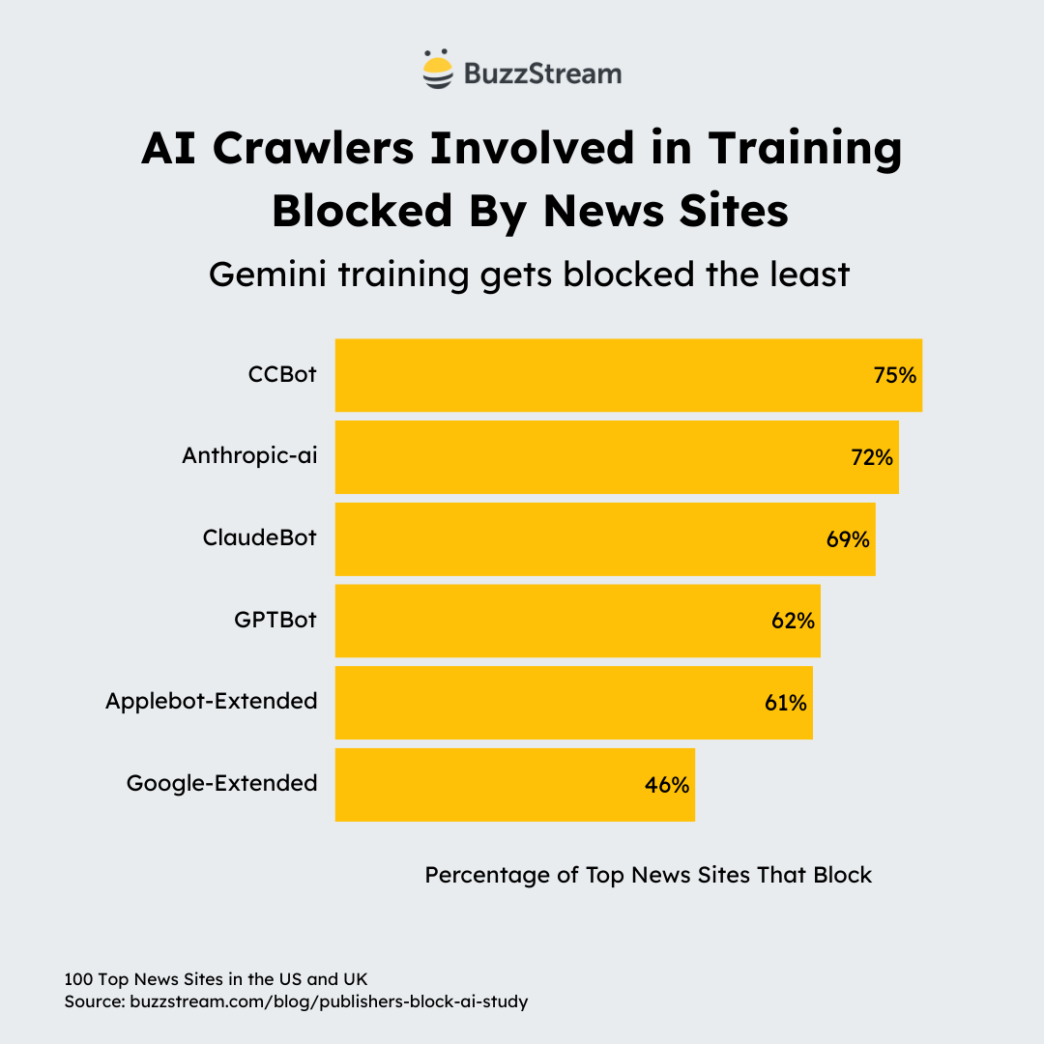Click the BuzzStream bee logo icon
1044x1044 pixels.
click(438, 70)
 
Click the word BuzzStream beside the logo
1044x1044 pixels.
click(542, 72)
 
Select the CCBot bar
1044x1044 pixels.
click(599, 375)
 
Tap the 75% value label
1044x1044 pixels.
click(894, 375)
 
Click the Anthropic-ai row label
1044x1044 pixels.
click(249, 456)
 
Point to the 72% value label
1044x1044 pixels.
click(871, 457)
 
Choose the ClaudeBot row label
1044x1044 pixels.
click(259, 538)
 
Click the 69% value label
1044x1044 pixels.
click(848, 539)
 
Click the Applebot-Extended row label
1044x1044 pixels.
click(211, 701)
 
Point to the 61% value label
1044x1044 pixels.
click(785, 703)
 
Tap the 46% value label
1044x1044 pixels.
click(667, 785)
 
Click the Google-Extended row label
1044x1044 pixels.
click(221, 783)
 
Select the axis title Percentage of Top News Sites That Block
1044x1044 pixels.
click(649, 875)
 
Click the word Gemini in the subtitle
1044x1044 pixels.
click(267, 275)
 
